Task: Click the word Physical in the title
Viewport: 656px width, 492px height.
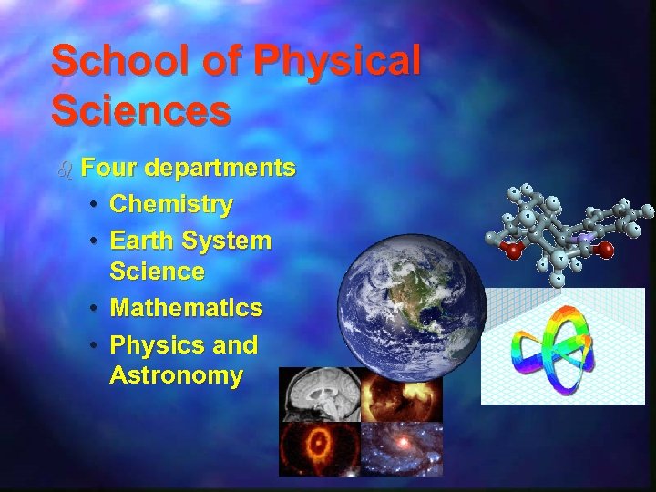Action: (x=339, y=61)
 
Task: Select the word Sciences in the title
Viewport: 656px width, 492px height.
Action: (x=140, y=110)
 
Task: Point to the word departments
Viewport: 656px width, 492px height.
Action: (x=219, y=169)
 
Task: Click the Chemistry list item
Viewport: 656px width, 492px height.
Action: (x=170, y=204)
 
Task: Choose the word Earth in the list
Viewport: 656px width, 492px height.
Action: (x=142, y=241)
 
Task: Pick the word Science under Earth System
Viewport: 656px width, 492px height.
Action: (x=157, y=272)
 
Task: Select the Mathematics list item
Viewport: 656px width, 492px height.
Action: (x=186, y=308)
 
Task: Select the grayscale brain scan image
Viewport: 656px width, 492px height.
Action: (x=319, y=394)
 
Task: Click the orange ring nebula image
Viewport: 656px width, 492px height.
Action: (x=319, y=449)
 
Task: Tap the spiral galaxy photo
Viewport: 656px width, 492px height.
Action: (x=401, y=449)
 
